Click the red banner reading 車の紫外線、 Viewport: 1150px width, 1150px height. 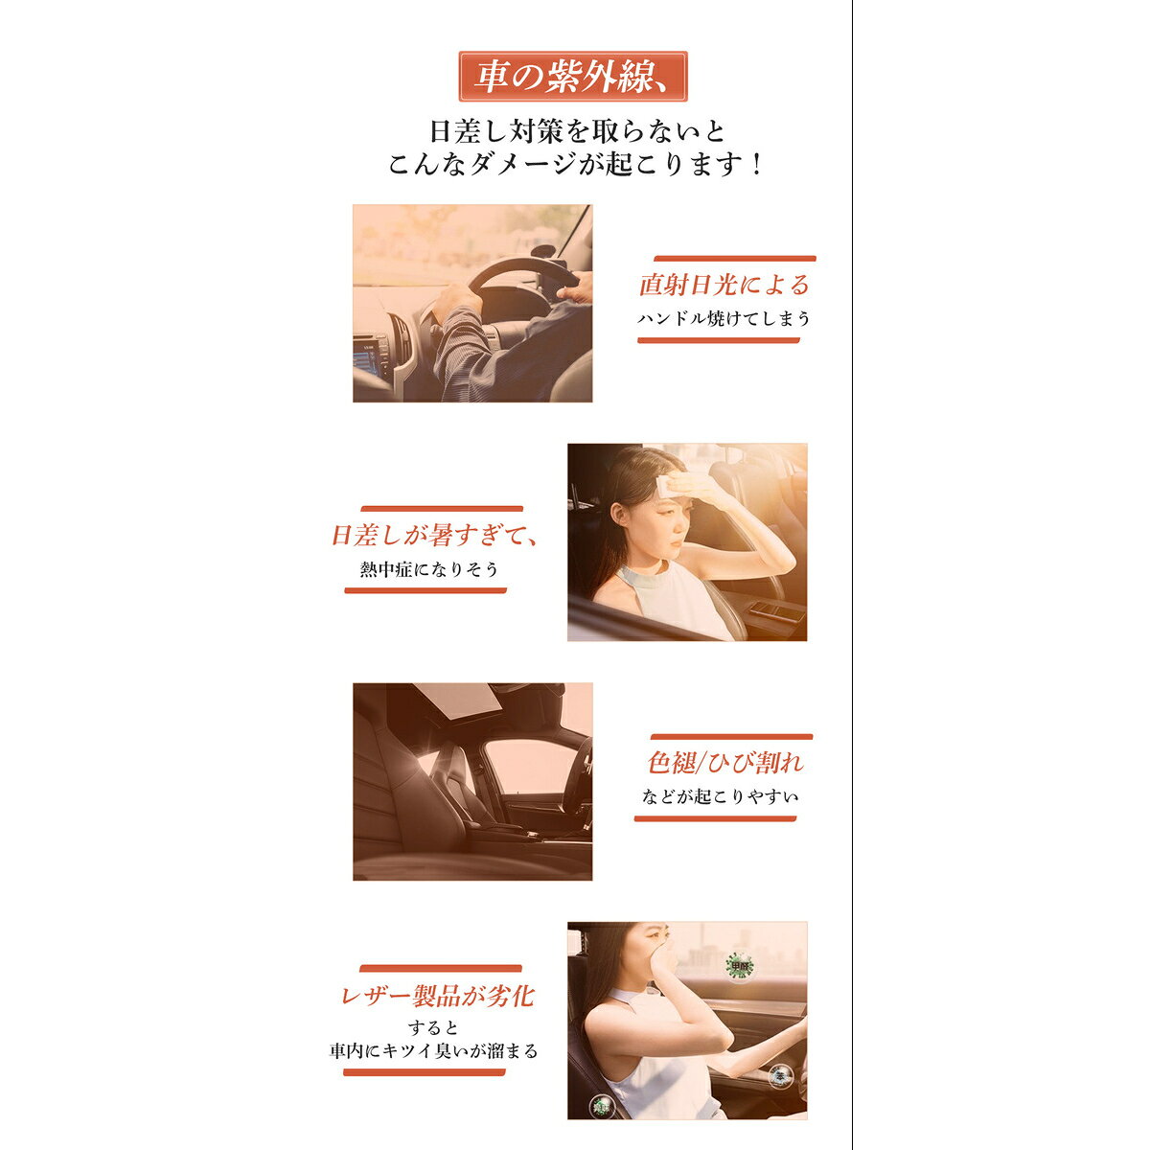pos(572,77)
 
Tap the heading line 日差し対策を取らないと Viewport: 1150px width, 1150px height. pos(577,131)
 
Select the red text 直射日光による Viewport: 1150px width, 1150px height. pos(724,285)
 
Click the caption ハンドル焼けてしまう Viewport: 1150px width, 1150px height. pos(724,319)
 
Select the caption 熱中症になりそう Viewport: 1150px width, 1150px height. pos(429,569)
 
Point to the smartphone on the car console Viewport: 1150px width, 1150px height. pos(777,610)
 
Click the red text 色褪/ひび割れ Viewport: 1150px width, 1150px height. pos(725,763)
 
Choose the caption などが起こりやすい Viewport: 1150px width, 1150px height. pos(720,796)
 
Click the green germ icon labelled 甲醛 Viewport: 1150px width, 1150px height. pos(740,966)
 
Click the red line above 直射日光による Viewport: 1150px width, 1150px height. pos(735,259)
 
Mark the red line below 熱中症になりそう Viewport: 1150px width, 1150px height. pos(425,591)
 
